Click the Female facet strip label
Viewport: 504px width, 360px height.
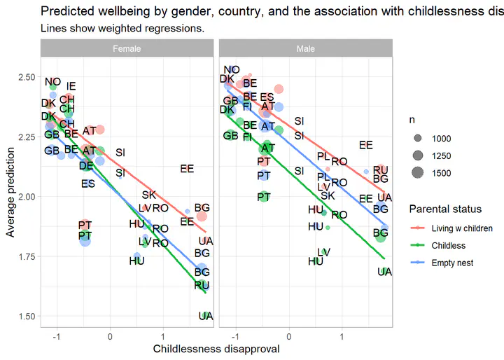[x=127, y=49]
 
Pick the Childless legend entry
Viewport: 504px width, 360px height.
[x=449, y=246]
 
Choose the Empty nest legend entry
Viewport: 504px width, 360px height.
[x=453, y=263]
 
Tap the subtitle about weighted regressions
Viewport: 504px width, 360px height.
[x=122, y=29]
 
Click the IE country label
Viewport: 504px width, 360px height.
[x=71, y=86]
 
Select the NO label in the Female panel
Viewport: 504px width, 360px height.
[x=52, y=83]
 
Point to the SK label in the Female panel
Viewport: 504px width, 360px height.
[x=148, y=195]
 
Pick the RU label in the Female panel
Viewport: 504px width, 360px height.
[x=202, y=285]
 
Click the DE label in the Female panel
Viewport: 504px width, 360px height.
[x=86, y=166]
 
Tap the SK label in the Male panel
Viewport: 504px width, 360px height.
[x=328, y=195]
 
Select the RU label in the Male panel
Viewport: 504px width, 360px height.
[x=381, y=170]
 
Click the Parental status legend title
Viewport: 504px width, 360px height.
[x=445, y=209]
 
